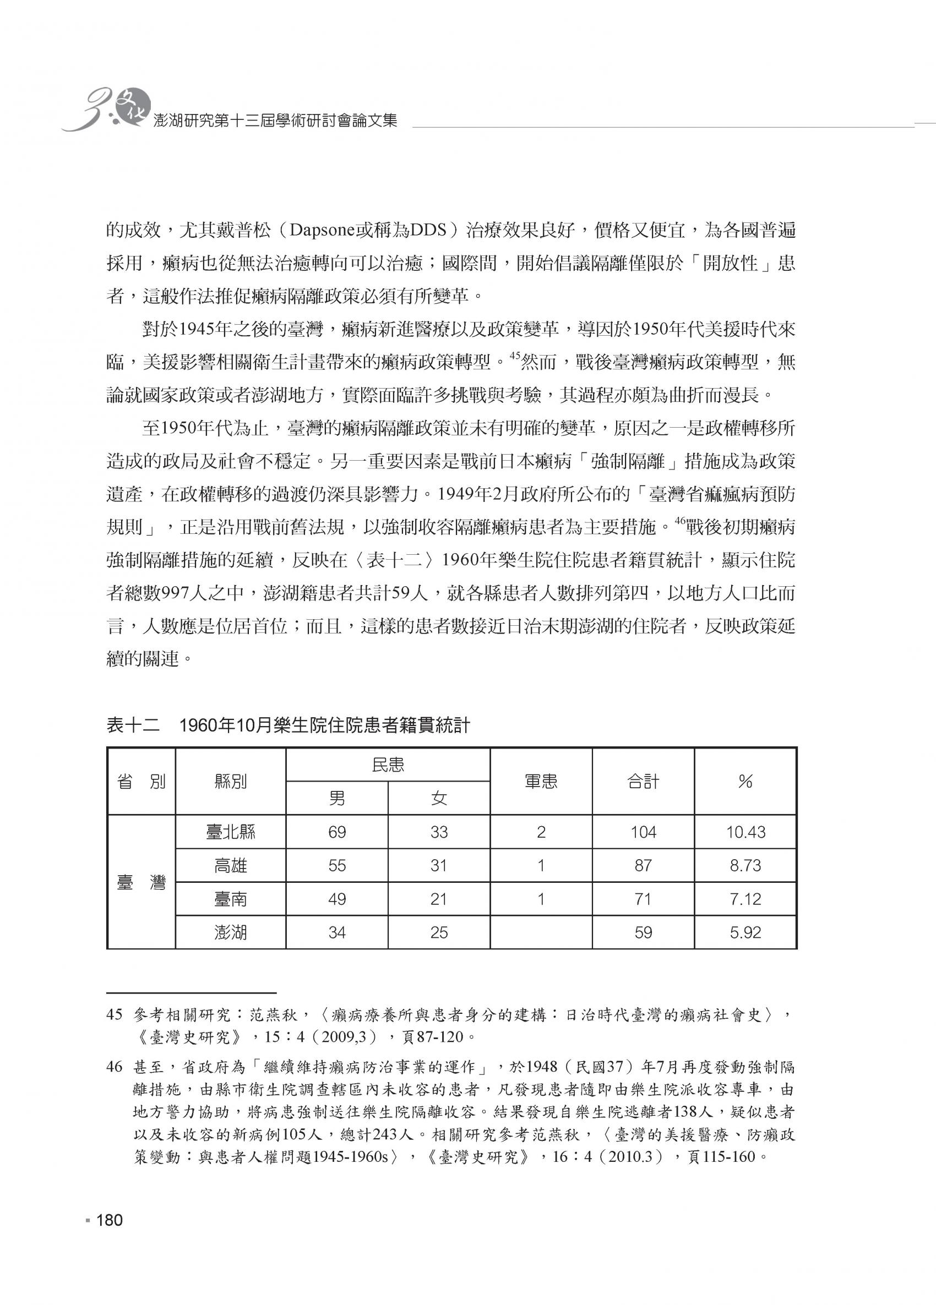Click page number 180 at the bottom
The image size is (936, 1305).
point(110,1219)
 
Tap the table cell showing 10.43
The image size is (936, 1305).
point(745,832)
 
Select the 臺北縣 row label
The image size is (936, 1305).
point(230,832)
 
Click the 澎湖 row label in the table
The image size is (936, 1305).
point(230,932)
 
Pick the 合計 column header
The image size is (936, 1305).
point(643,782)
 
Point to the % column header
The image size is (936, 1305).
point(745,782)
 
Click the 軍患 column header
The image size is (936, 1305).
point(541,782)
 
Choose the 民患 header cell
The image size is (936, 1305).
point(388,765)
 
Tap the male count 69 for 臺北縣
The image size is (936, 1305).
point(337,832)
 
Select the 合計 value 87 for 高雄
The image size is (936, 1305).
point(643,865)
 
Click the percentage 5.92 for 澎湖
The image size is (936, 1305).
point(745,932)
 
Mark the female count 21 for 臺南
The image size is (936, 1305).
point(439,899)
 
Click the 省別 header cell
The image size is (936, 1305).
point(141,782)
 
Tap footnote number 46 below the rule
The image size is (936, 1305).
point(115,1067)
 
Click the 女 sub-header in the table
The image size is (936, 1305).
point(439,798)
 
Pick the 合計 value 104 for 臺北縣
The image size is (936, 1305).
point(643,832)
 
